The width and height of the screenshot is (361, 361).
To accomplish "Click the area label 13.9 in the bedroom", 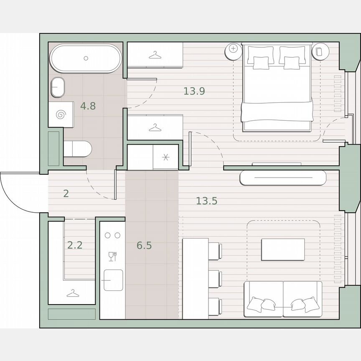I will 194,91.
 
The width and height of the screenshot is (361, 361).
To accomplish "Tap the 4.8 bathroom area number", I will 88,106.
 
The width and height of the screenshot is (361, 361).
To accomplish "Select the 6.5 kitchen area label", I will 144,246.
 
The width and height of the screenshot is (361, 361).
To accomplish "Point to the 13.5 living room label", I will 207,201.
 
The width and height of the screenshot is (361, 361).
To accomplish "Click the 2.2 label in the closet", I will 75,245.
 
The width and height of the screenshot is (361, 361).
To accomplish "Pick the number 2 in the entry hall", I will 66,194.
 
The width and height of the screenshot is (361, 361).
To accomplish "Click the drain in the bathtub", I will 86,58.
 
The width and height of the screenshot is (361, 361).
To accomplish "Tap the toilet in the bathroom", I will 78,149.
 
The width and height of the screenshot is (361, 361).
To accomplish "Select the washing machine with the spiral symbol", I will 61,114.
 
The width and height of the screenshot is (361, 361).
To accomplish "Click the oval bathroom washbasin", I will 58,87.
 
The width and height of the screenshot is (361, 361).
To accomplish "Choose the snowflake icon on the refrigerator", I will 165,157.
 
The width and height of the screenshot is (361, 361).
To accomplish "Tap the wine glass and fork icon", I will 112,256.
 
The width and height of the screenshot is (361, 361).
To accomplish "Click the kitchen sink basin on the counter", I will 113,280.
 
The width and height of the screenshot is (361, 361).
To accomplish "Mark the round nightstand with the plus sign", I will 233,49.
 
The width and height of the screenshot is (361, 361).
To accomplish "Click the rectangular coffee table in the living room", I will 283,249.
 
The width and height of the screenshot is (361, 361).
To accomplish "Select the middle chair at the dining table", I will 214,278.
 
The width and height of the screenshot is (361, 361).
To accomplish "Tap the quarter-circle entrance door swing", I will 19,192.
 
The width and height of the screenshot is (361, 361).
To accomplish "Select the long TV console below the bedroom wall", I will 283,178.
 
